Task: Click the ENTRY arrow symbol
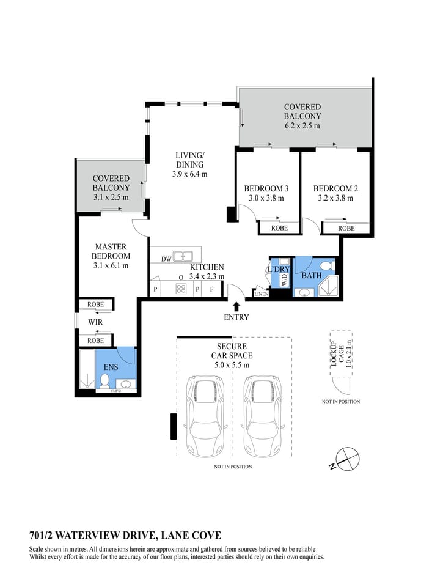[x=237, y=305]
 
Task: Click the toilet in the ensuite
[x=105, y=382]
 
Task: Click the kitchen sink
[x=183, y=257]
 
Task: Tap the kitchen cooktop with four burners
[x=181, y=289]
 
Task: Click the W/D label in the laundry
[x=284, y=279]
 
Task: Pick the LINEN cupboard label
[x=262, y=294]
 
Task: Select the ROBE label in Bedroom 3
[x=279, y=228]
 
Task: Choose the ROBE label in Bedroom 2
[x=346, y=228]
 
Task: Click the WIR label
[x=95, y=322]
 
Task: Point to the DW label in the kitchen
[x=166, y=259]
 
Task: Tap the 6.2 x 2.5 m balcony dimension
[x=302, y=125]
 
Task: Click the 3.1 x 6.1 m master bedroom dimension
[x=111, y=265]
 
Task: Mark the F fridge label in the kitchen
[x=211, y=289]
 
